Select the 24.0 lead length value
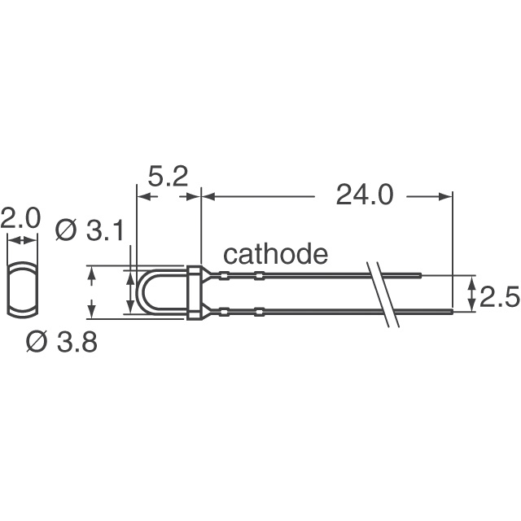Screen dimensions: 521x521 click(x=364, y=195)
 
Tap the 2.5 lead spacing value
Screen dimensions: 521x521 click(x=499, y=299)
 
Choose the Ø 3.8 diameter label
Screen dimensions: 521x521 click(x=61, y=343)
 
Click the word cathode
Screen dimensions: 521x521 click(x=275, y=255)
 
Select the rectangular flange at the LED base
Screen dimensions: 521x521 click(x=194, y=292)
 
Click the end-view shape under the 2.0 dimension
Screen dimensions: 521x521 click(x=23, y=289)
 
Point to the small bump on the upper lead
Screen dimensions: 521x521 click(x=259, y=275)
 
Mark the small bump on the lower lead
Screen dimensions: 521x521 click(x=259, y=310)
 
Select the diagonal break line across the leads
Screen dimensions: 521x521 click(x=383, y=293)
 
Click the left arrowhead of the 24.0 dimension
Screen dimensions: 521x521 click(x=207, y=196)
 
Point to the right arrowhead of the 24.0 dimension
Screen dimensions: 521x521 click(x=445, y=196)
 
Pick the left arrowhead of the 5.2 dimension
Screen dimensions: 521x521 click(x=141, y=196)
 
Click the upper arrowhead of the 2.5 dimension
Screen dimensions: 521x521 click(x=472, y=281)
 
